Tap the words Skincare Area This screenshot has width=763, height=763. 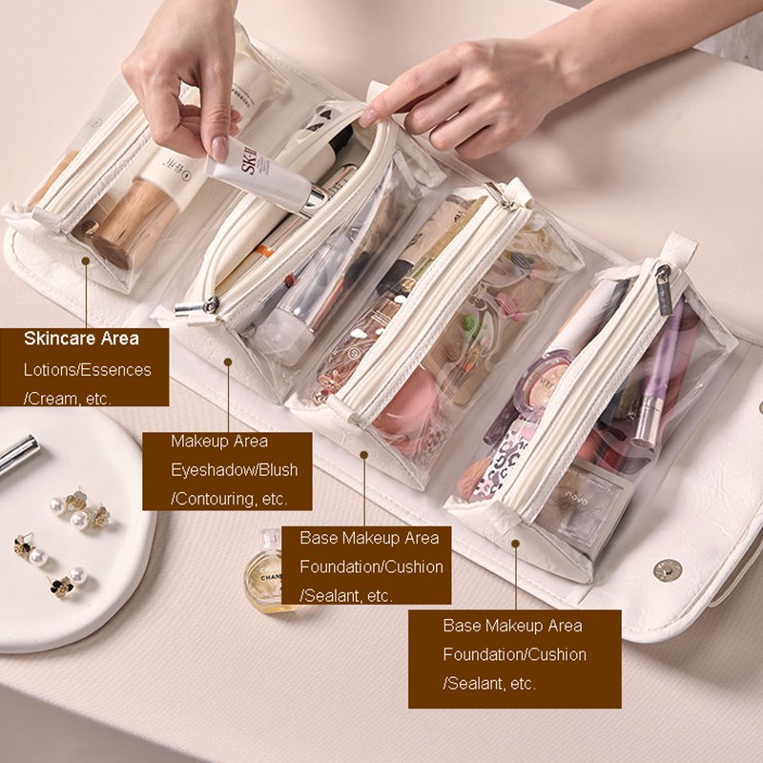81,339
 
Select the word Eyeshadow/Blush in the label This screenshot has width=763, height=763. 235,470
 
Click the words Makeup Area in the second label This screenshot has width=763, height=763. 219,442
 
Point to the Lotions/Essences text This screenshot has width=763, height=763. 88,370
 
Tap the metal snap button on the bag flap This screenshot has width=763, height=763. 667,569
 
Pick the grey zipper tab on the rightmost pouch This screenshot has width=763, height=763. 663,290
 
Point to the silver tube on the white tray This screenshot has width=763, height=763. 18,454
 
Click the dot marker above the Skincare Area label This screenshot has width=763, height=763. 86,261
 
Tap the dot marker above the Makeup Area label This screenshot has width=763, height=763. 228,361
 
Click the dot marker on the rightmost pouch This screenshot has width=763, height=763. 515,543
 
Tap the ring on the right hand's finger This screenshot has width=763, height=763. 433,134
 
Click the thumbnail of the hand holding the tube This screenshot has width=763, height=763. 219,148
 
